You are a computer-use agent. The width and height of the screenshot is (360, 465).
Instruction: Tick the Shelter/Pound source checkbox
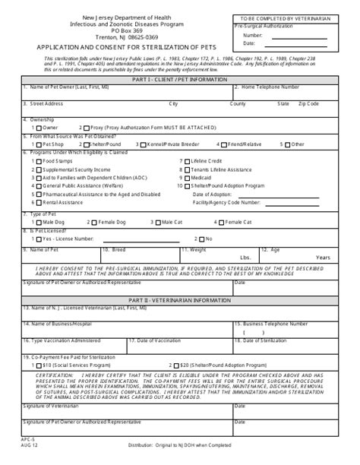pos(81,143)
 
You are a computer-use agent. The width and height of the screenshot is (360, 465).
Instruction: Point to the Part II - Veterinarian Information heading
pos(179,299)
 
